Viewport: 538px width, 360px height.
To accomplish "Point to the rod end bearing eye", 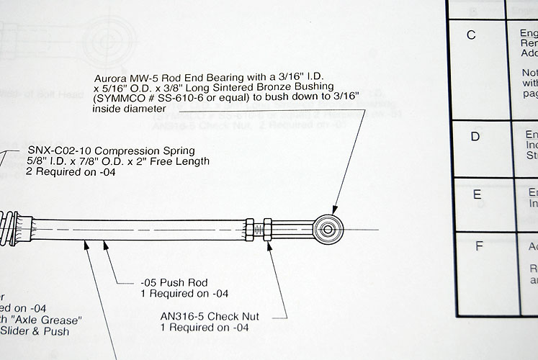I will pos(328,229).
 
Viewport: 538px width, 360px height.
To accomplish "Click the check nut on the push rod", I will pos(267,229).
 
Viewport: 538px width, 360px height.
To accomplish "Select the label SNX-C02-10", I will pos(58,150).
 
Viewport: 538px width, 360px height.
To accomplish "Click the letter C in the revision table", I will pos(472,35).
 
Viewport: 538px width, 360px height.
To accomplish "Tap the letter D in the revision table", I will pos(475,136).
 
